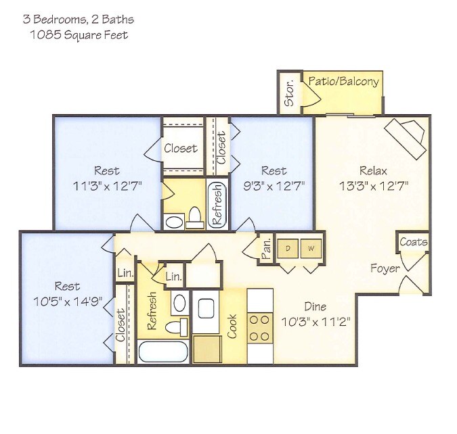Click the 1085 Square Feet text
79,34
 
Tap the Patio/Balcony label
343,82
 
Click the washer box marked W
311,248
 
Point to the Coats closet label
412,242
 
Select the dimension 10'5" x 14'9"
68,301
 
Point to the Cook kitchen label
233,326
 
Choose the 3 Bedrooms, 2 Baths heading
79,20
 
